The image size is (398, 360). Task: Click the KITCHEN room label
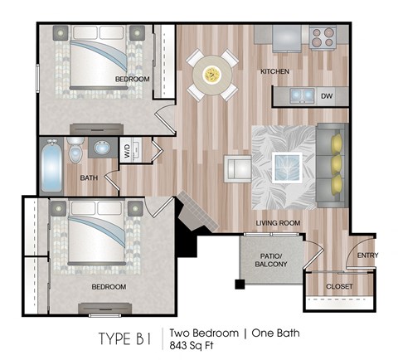click(x=274, y=72)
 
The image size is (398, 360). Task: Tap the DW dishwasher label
click(x=326, y=96)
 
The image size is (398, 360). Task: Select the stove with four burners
click(x=321, y=36)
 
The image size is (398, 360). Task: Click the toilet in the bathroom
click(x=75, y=153)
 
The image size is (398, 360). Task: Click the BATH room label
click(x=89, y=178)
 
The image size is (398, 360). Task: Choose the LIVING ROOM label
click(x=276, y=223)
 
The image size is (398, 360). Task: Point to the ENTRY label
click(x=366, y=255)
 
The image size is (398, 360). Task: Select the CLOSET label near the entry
click(x=338, y=287)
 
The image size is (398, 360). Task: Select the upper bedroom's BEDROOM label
click(x=132, y=79)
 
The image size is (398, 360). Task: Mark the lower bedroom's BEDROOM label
click(x=109, y=287)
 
